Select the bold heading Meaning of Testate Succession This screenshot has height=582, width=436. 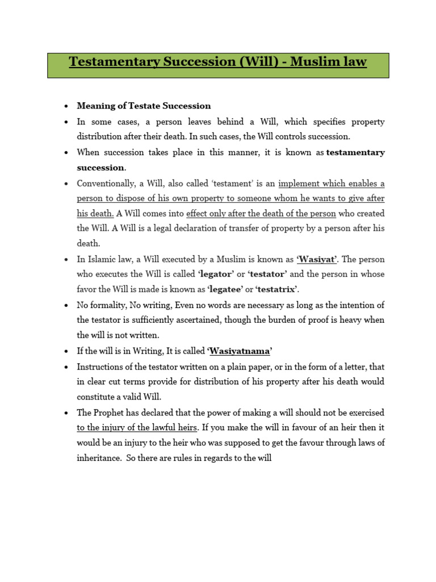[144, 106]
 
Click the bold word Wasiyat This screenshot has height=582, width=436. [317, 259]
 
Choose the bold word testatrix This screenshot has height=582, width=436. [276, 289]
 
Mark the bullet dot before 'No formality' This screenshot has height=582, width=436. [66, 305]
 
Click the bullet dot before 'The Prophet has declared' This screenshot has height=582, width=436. [66, 412]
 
